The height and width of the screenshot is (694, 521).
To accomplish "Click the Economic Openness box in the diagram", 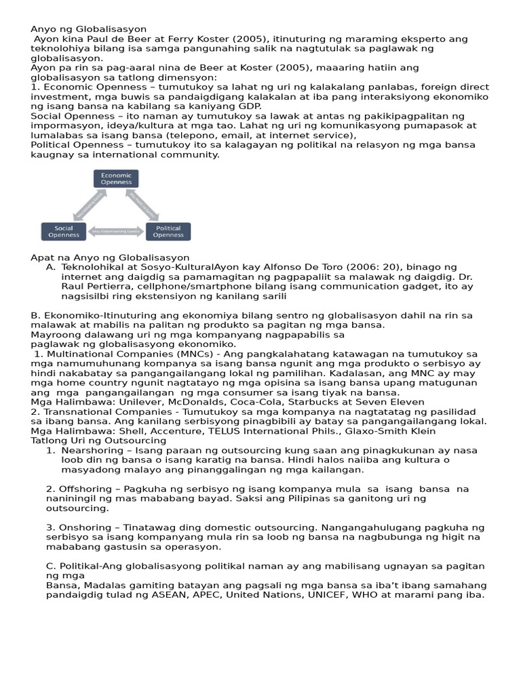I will click(x=116, y=178).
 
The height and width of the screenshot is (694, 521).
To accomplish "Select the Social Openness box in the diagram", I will click(x=63, y=231).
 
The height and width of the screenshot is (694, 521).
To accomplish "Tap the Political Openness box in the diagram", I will click(x=168, y=231).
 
